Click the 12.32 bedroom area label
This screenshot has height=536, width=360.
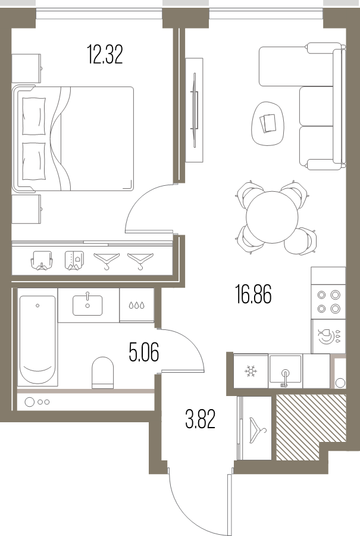click(x=105, y=54)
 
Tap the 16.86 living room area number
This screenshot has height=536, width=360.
click(x=253, y=294)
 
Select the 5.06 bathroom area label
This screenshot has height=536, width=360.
click(x=144, y=352)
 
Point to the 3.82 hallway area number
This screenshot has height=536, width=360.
click(x=201, y=419)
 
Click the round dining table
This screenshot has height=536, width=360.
click(x=272, y=217)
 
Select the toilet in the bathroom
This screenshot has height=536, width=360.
click(x=102, y=373)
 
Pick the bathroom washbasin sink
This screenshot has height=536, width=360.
click(x=87, y=305)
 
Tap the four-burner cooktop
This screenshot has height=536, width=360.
click(x=328, y=301)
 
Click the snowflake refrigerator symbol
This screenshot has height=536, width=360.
click(x=251, y=371)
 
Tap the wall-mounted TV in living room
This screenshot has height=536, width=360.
click(x=195, y=110)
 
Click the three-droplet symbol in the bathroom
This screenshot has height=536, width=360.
click(x=137, y=305)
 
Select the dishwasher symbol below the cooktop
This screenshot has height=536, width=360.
click(x=329, y=336)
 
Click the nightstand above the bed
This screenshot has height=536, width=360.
click(x=26, y=68)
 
